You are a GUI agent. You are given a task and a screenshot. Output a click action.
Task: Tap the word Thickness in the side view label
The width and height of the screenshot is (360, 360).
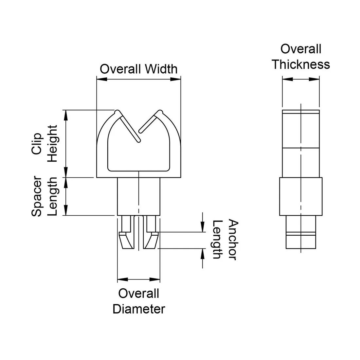300,64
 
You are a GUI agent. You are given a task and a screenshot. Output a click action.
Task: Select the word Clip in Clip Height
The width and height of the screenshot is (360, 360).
36,144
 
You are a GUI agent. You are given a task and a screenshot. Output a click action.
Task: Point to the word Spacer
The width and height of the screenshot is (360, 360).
36,196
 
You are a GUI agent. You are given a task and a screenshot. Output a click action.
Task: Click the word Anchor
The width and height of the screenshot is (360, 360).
232,240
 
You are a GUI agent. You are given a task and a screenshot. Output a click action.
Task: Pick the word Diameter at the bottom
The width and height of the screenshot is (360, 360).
139,309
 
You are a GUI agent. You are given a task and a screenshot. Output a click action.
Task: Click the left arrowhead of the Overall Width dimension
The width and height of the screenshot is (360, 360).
101,79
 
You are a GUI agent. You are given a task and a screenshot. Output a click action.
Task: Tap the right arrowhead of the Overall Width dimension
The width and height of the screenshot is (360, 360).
176,79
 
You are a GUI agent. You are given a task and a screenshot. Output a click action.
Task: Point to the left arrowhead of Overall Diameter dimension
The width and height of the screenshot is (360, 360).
122,279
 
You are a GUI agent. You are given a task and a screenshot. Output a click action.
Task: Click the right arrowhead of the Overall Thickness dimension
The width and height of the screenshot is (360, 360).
315,79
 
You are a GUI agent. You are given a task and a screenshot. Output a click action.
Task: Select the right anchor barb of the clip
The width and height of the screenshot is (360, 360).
152,241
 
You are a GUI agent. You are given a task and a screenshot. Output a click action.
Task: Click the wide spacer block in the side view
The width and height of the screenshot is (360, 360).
300,196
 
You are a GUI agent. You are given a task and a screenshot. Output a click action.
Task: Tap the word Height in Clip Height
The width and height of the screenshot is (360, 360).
52,144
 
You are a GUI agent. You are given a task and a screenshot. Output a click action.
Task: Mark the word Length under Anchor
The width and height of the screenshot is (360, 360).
217,240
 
